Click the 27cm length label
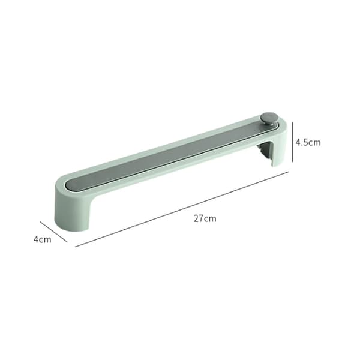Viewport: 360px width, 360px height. [205, 218]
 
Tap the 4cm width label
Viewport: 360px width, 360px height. [42, 239]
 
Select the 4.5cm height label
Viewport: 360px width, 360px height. [308, 142]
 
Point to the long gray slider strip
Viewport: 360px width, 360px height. [172, 154]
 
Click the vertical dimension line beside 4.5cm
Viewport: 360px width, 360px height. [292, 142]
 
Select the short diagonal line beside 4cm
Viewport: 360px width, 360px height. [54, 232]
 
